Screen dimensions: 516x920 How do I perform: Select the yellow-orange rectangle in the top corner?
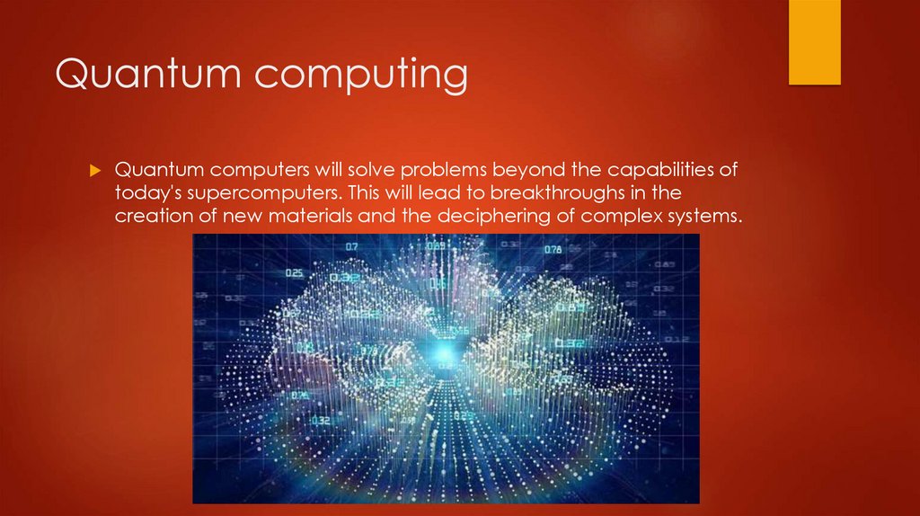pyautogui.click(x=814, y=41)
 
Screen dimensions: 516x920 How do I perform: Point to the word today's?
pyautogui.click(x=147, y=193)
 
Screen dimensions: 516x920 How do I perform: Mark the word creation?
pyautogui.click(x=148, y=216)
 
